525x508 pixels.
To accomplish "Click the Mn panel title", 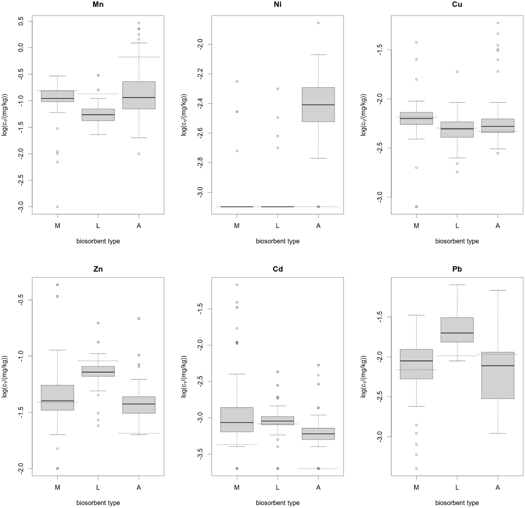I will (98, 4).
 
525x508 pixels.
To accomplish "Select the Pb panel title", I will (457, 269).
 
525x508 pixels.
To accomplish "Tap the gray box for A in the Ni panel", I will (318, 104).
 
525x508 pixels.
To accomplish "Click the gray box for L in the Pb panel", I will (457, 330).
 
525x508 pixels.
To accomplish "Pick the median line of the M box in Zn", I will (57, 401).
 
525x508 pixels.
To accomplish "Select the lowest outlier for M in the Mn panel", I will (57, 207).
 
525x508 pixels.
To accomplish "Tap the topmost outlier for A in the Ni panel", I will (318, 23).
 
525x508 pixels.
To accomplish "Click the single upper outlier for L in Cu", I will (457, 72).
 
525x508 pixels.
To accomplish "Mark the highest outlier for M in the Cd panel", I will (237, 285).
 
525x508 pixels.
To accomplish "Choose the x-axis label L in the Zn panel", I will (98, 487).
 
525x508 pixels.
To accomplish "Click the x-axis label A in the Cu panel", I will (498, 226).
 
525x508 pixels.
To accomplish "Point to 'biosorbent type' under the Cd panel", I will (278, 503).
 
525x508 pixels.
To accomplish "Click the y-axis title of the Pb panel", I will (363, 376).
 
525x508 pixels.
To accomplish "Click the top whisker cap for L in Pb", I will (457, 285).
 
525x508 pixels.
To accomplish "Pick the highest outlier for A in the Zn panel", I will (139, 318).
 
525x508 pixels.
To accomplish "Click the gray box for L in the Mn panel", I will (98, 115).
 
